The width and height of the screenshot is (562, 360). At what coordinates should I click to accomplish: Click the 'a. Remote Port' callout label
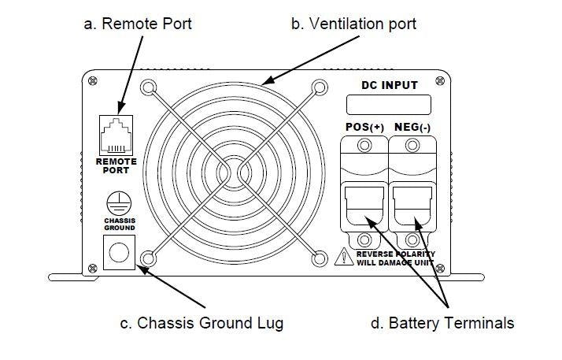137,24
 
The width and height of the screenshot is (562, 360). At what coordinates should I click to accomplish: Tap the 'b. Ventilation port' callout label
353,24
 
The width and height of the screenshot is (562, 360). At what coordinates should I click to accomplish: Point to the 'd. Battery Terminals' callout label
442,322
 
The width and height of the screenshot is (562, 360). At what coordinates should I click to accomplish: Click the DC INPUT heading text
389,84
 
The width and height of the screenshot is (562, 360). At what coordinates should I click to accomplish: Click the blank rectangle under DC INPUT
389,105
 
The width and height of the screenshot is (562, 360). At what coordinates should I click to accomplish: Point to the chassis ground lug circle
117,251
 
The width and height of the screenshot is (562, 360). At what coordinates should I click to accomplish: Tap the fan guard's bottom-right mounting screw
319,257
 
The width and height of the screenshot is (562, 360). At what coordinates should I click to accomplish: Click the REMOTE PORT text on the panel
116,165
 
